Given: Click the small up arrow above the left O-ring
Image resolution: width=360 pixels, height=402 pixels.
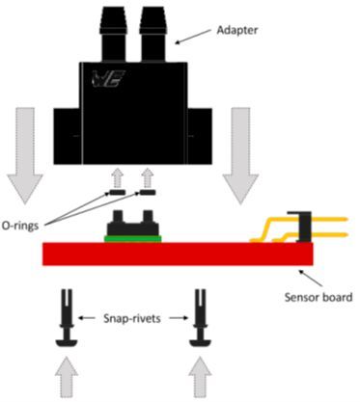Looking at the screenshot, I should [x=118, y=177].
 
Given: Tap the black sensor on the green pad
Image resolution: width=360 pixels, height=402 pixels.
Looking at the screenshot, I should [x=133, y=221].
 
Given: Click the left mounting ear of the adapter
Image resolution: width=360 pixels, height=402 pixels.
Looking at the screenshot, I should [x=66, y=136].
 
